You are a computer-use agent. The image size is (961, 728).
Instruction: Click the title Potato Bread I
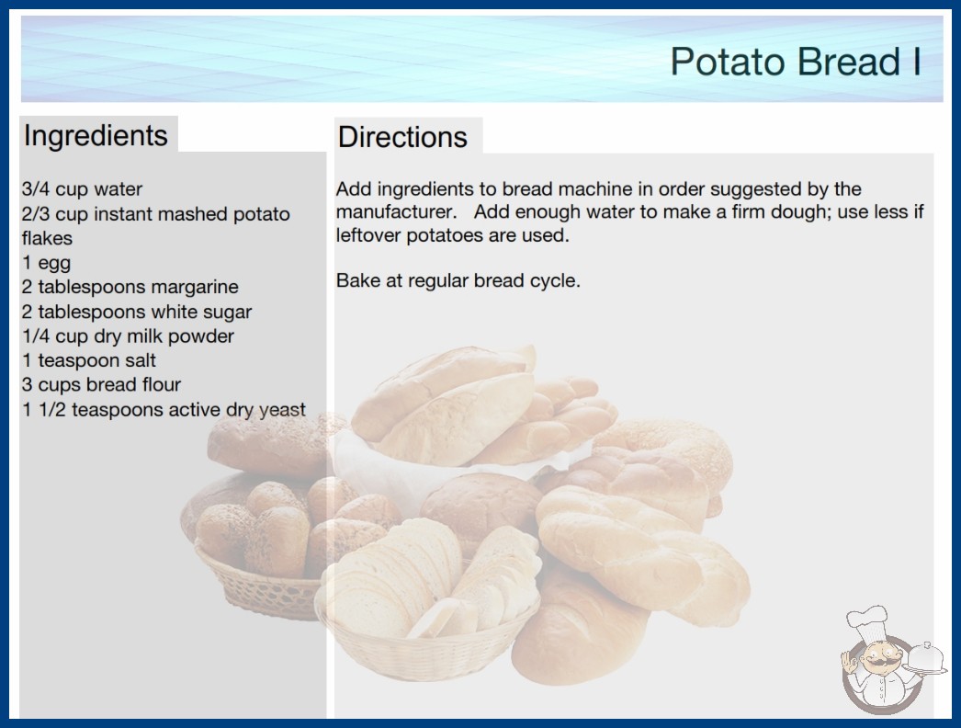[x=796, y=62]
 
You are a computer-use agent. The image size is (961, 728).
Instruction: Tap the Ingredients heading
[x=96, y=135]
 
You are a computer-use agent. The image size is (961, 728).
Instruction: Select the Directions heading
[x=402, y=137]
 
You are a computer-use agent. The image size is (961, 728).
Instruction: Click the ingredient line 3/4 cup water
[x=82, y=189]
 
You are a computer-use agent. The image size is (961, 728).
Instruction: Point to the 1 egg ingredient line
[x=47, y=263]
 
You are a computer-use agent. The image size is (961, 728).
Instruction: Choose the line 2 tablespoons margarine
[x=130, y=287]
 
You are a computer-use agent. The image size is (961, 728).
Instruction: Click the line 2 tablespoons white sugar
[x=137, y=312]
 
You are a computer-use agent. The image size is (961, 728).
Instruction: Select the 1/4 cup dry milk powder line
[x=128, y=336]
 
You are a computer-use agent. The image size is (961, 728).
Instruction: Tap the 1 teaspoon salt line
[x=89, y=360]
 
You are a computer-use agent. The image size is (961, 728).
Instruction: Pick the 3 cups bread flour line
[x=102, y=384]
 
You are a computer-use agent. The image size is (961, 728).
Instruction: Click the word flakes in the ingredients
[x=47, y=238]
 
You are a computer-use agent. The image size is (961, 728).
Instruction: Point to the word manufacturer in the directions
[x=396, y=211]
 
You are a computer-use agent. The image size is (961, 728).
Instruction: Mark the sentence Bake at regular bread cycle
[x=458, y=281]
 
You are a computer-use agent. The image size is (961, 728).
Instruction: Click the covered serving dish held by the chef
[x=926, y=658]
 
